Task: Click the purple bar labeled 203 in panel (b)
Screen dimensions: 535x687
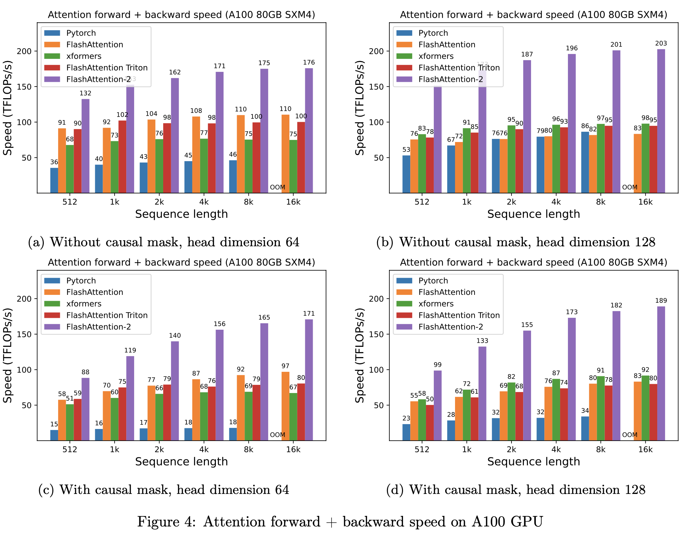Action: tap(661, 121)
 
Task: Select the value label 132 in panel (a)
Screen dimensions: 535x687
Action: tap(85, 93)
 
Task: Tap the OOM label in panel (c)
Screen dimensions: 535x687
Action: tap(277, 435)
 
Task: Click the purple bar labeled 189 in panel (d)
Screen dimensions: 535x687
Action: tap(661, 373)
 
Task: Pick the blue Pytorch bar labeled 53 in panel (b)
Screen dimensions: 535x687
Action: tap(406, 174)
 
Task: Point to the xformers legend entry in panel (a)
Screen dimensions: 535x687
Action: tap(84, 56)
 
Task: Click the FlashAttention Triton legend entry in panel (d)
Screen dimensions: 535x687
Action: tap(459, 315)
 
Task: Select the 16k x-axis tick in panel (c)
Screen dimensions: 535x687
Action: tap(293, 449)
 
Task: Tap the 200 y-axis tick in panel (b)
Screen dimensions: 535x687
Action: tap(376, 51)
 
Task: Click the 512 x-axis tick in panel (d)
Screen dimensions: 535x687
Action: tap(422, 449)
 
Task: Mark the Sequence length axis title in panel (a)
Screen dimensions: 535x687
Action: tap(181, 214)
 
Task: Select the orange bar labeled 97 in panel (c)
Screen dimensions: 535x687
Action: tap(285, 406)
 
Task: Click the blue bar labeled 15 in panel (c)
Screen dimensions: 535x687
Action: tap(54, 435)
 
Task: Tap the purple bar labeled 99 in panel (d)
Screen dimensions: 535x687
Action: tap(438, 405)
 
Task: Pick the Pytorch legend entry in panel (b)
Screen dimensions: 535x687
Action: tap(433, 33)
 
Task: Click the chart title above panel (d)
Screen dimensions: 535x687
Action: tap(533, 262)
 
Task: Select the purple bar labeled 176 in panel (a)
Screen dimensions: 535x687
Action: tap(309, 130)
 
